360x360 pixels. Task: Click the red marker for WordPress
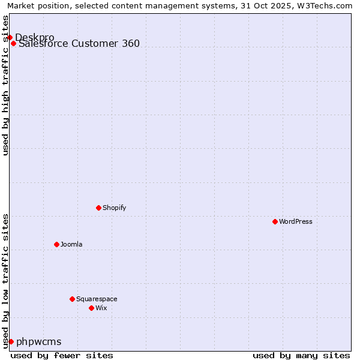coord(275,221)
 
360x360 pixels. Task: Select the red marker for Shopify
coord(98,208)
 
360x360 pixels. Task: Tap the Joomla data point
coord(56,244)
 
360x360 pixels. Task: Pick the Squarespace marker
coord(72,299)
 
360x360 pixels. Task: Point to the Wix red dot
coord(91,308)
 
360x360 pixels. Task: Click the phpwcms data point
coord(11,341)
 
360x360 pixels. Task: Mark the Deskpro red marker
coord(10,37)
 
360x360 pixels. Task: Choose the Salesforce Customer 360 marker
coord(13,43)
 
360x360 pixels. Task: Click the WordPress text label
coord(296,221)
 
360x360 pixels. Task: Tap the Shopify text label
coord(114,208)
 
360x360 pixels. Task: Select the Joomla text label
coord(71,244)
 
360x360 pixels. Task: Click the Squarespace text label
coord(97,299)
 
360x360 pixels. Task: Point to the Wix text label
coord(101,308)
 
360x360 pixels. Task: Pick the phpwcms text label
coord(39,341)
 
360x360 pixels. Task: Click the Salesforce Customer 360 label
coord(79,43)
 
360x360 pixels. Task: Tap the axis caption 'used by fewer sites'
coord(62,355)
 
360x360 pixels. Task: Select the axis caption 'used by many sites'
coord(301,355)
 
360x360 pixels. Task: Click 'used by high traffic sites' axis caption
coord(5,85)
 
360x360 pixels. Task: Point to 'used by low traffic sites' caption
coord(5,280)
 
